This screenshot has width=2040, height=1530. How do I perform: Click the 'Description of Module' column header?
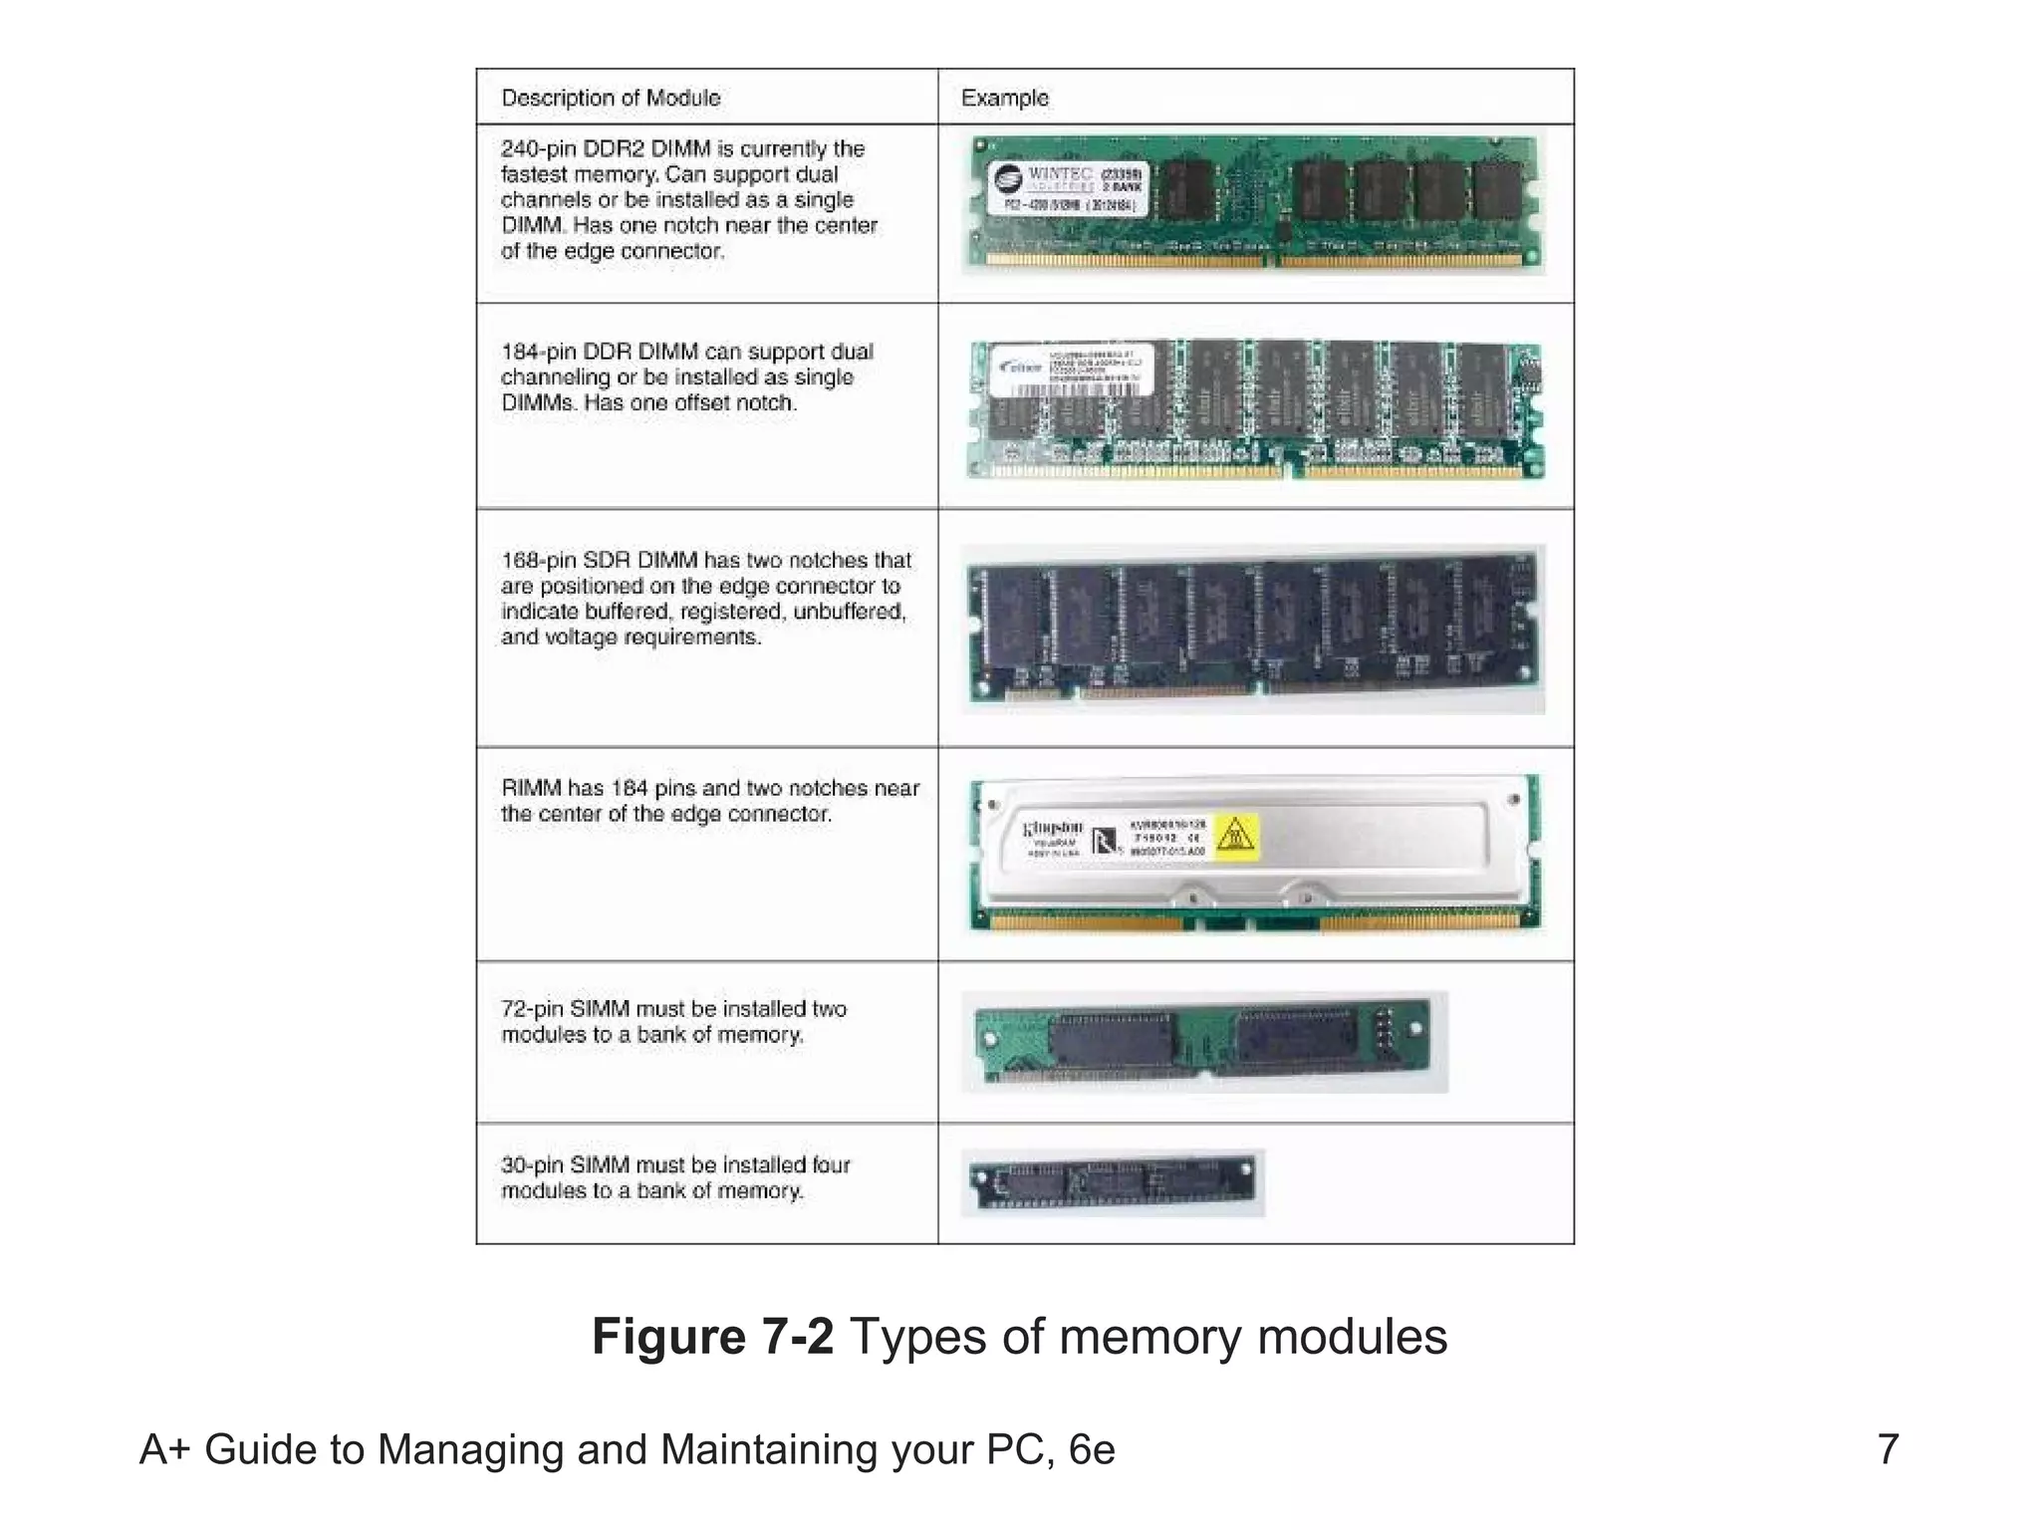611,98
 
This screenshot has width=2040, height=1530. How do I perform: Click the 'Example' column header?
1004,98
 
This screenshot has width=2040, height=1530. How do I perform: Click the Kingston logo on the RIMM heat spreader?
1053,829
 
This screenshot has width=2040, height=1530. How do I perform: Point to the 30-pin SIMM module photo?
1112,1182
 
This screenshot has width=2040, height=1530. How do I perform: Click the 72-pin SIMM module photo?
1203,1042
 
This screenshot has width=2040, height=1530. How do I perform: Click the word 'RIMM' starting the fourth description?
531,789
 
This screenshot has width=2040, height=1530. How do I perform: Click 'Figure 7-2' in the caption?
712,1337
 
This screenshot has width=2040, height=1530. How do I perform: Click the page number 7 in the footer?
1888,1449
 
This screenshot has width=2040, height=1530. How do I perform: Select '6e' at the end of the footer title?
1092,1450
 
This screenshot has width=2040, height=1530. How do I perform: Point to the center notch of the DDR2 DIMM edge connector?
1273,262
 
